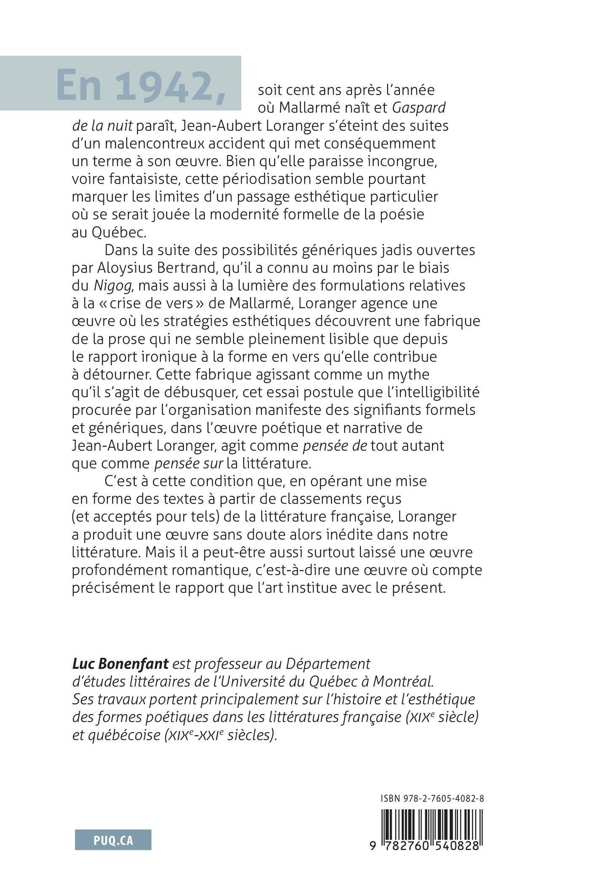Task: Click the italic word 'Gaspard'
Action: pos(419,108)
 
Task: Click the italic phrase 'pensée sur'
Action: pos(189,464)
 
